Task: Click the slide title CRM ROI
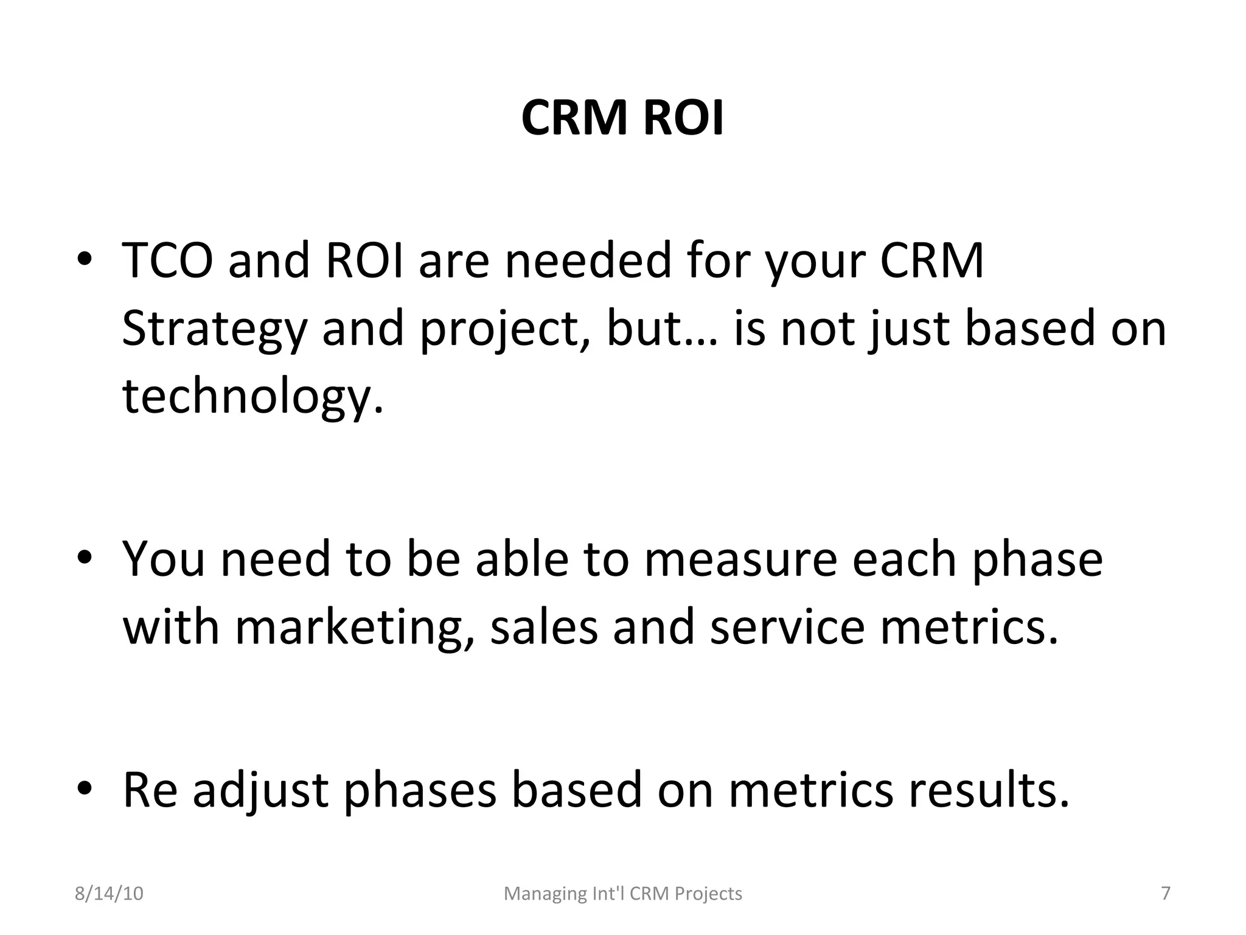[x=622, y=118]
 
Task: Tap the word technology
[x=253, y=396]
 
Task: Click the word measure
[x=740, y=559]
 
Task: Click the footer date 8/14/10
[x=109, y=894]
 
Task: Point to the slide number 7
[x=1166, y=894]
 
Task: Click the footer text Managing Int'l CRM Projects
[x=623, y=894]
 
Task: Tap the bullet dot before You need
[x=85, y=558]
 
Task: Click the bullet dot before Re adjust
[x=85, y=789]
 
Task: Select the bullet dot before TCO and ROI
[x=85, y=260]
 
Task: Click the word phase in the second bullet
[x=1037, y=561]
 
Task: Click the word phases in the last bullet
[x=420, y=791]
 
